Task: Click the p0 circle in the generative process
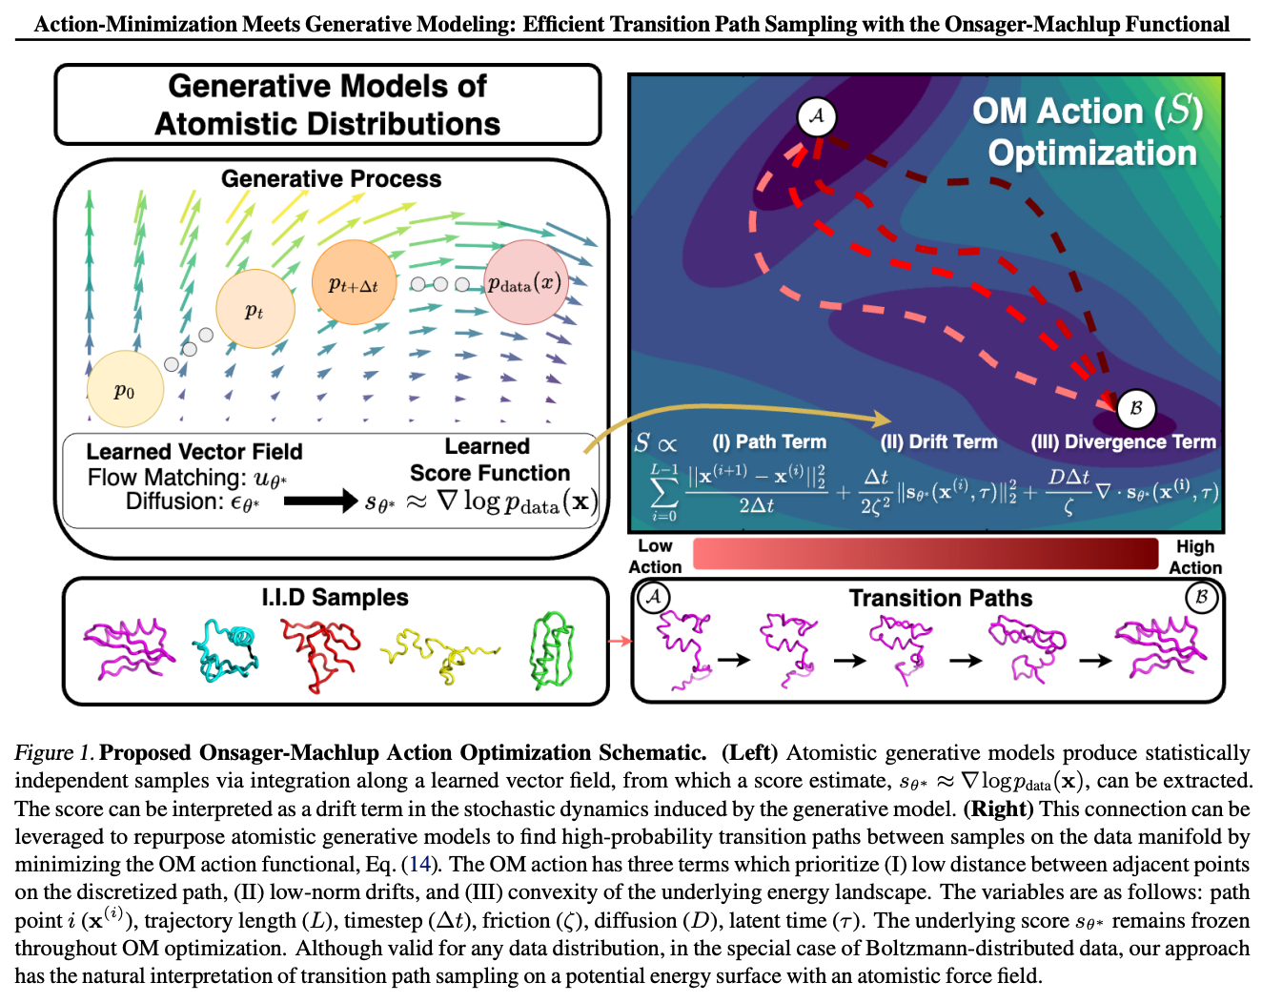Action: click(x=125, y=390)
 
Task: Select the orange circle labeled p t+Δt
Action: click(x=354, y=283)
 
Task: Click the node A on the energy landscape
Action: click(x=817, y=116)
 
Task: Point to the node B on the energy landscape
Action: click(x=1135, y=407)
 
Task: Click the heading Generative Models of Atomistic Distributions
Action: click(x=327, y=105)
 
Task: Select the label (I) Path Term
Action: click(x=769, y=441)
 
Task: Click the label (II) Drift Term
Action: click(x=939, y=441)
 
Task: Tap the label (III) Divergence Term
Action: click(x=1123, y=441)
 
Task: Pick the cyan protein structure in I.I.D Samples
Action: click(x=227, y=648)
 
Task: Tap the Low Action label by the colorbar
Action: click(x=655, y=556)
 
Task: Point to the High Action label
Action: click(x=1195, y=557)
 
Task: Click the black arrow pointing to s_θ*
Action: click(x=320, y=500)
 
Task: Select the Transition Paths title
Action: click(x=940, y=598)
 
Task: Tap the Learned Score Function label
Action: click(x=489, y=460)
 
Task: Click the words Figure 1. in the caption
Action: click(x=53, y=753)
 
